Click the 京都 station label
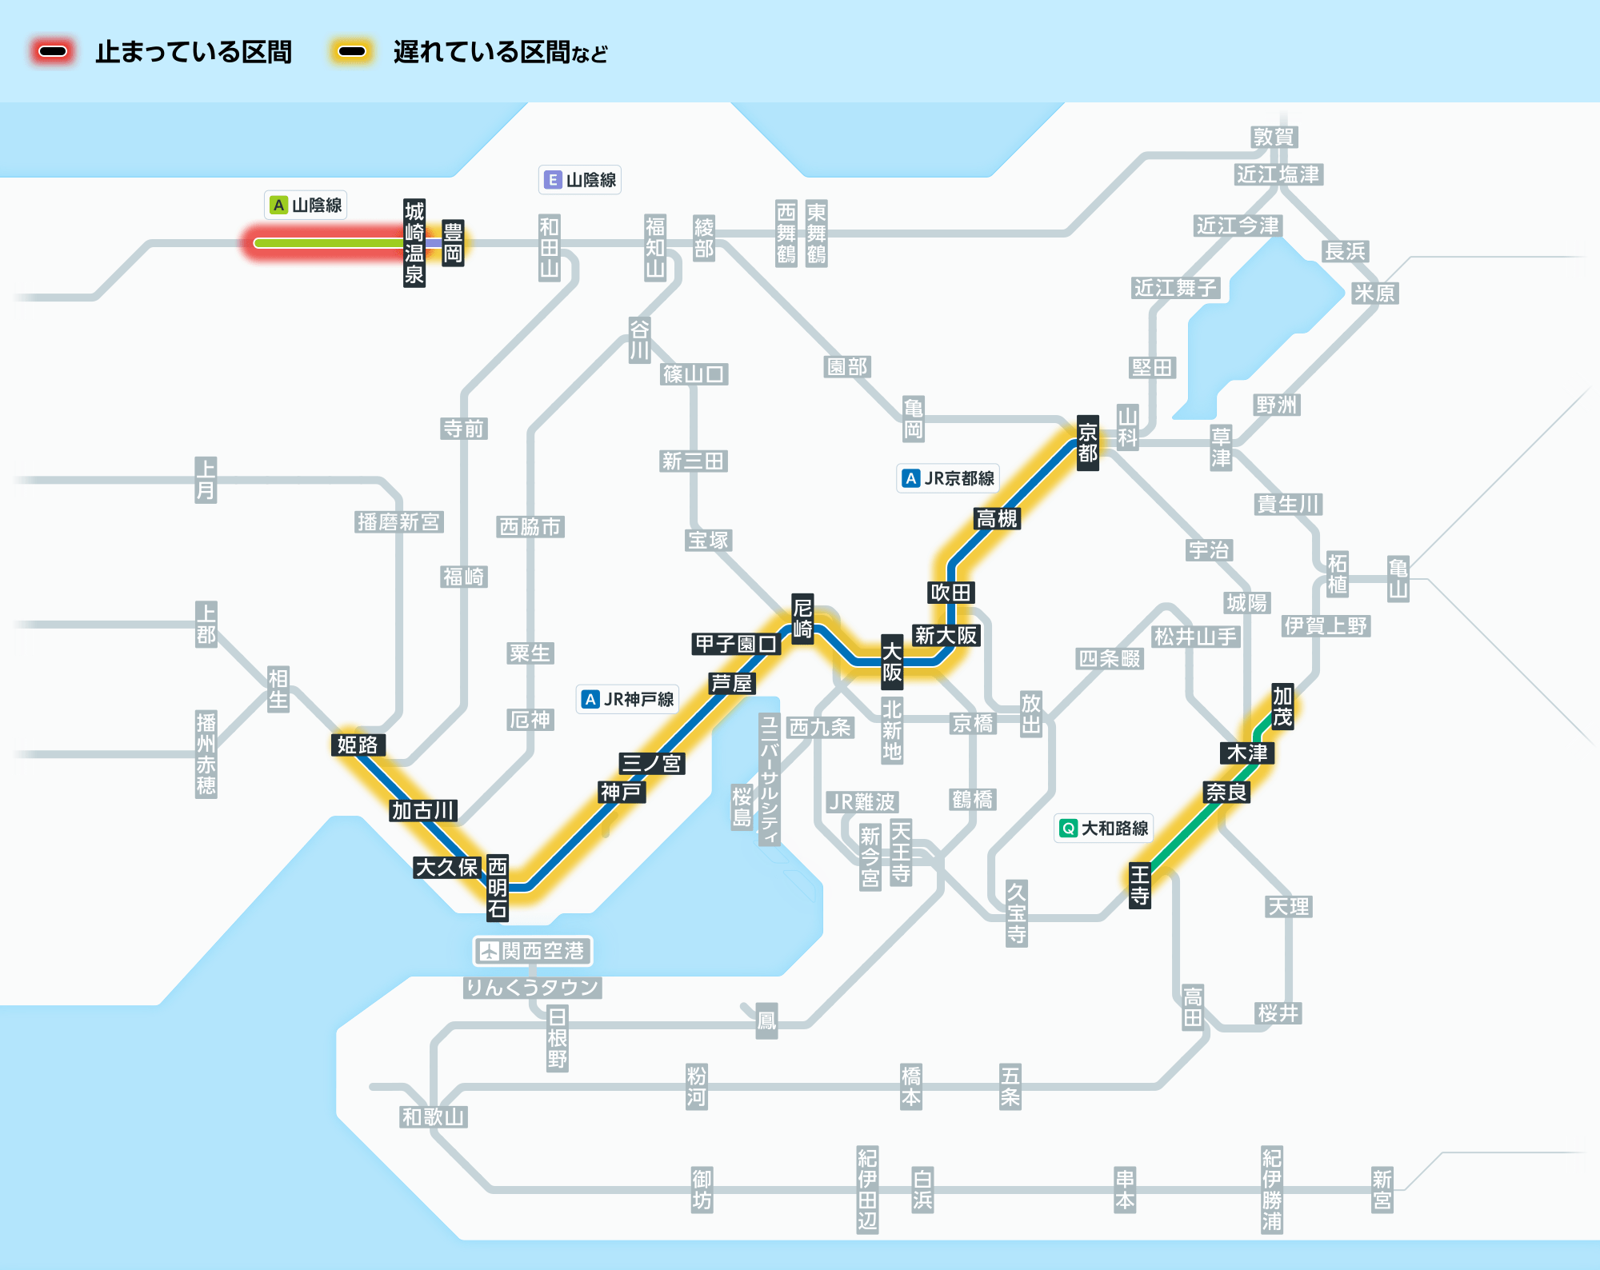1087,443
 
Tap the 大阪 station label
892,661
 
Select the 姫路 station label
358,745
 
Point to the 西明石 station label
498,887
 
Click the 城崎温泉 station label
414,243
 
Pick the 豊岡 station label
453,243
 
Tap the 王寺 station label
1139,885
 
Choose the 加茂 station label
1282,706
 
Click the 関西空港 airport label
533,951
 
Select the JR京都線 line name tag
948,478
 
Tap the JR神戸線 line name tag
628,699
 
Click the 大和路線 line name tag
1104,829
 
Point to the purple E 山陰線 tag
580,180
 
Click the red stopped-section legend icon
53,52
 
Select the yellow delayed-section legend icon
351,52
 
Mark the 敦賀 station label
1274,137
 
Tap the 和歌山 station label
433,1116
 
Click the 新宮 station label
1382,1189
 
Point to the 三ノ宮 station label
651,763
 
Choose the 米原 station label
1374,294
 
